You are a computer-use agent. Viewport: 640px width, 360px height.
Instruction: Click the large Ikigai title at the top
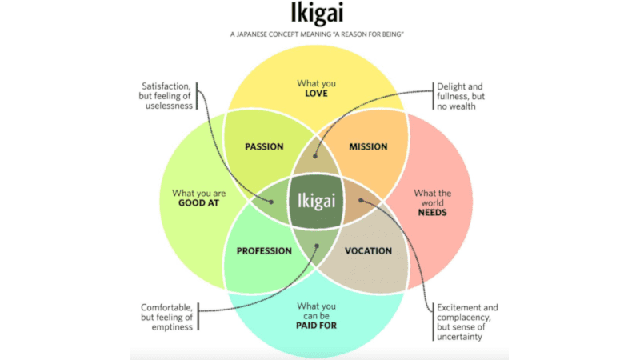coord(319,15)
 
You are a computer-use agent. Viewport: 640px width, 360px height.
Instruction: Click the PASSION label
coord(265,146)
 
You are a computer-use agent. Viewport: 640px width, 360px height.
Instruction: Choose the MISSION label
coord(368,146)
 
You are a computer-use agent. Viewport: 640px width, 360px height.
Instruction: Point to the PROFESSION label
coord(264,250)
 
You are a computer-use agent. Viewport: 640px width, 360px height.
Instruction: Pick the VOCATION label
coord(368,250)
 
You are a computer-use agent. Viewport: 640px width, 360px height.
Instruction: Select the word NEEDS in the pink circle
coord(433,213)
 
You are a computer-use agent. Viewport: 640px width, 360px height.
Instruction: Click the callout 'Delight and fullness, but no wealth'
coord(461,96)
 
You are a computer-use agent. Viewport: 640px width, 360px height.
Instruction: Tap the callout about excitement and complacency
coord(468,322)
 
